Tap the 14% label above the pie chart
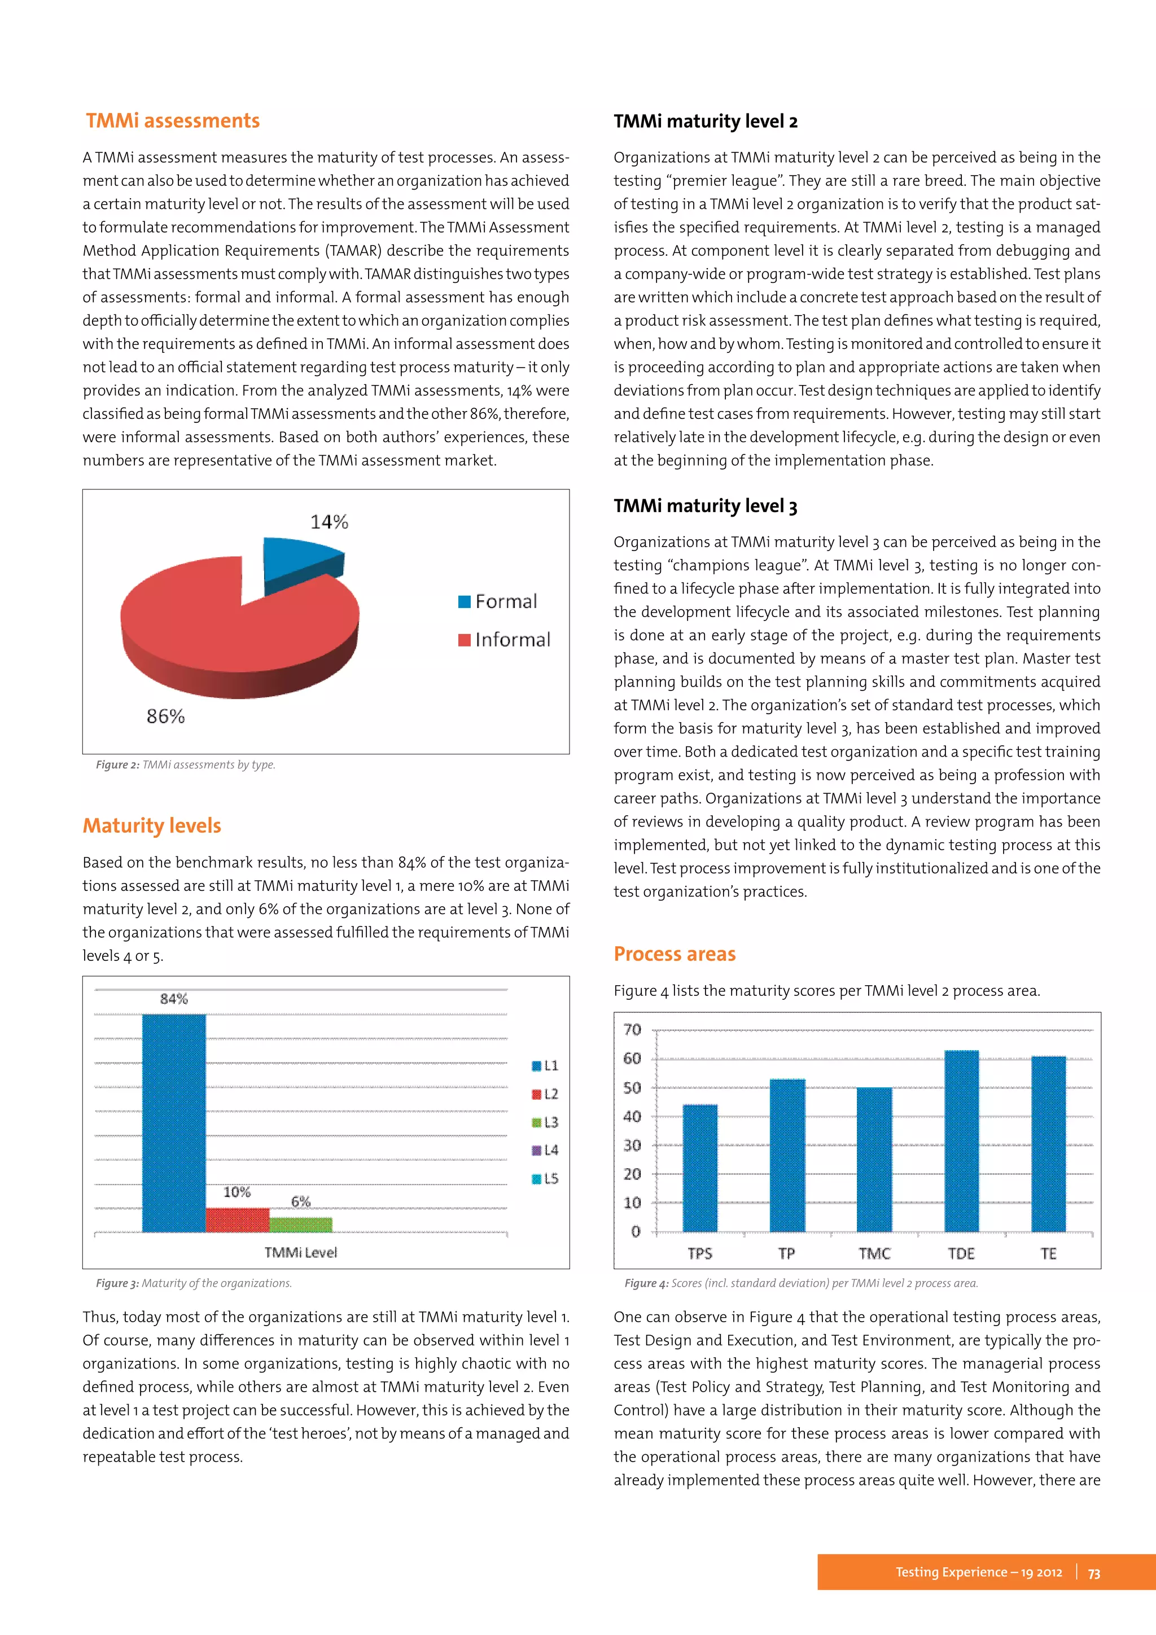click(x=329, y=522)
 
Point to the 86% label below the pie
click(x=165, y=716)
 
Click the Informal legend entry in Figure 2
click(x=505, y=640)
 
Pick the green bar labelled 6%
click(x=300, y=1224)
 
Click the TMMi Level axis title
click(x=300, y=1253)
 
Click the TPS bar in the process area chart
click(x=700, y=1168)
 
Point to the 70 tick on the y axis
click(x=632, y=1030)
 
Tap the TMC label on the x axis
click(x=874, y=1253)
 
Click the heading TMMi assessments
click(x=173, y=120)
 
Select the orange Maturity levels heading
click(x=152, y=825)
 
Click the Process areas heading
click(x=674, y=954)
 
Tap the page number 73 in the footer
click(x=1094, y=1572)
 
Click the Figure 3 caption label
click(x=117, y=1283)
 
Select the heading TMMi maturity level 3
click(x=704, y=506)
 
